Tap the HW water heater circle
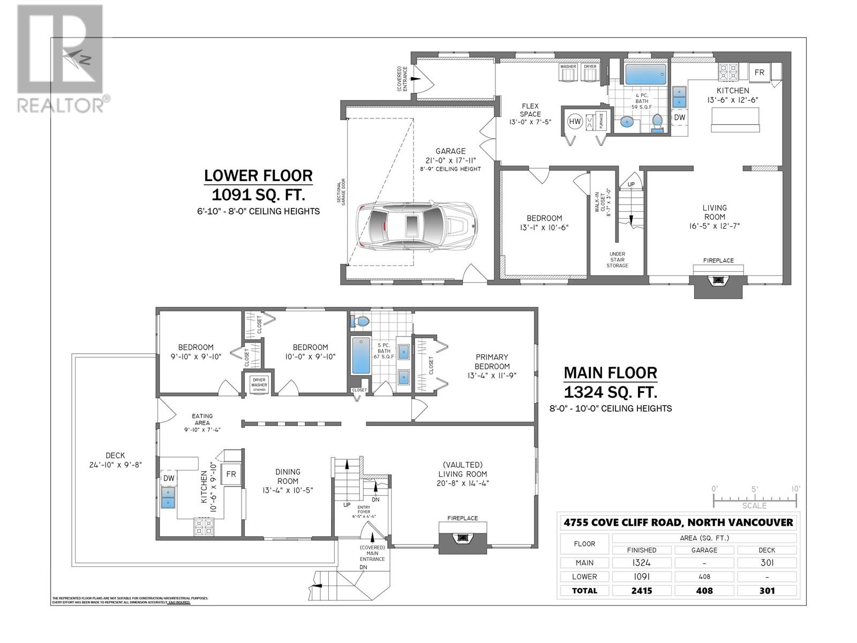coord(575,122)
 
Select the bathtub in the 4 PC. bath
coord(645,74)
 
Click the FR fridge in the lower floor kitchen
coord(760,72)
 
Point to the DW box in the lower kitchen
coord(679,117)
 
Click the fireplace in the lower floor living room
coord(718,283)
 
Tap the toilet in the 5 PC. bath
coord(360,322)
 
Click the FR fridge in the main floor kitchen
coord(231,474)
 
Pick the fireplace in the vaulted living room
coord(463,537)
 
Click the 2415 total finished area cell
coord(641,590)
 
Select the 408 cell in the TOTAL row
coord(704,590)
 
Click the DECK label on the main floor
coord(115,455)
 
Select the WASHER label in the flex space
coord(568,66)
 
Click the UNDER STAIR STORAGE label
coord(617,260)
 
